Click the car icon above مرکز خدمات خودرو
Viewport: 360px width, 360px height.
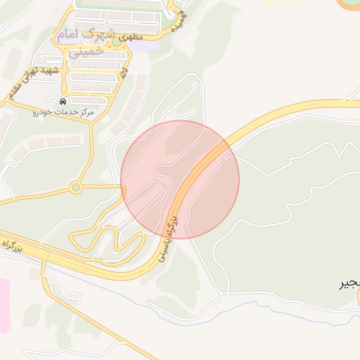pyautogui.click(x=65, y=101)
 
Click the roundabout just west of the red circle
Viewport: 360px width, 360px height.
pyautogui.click(x=75, y=188)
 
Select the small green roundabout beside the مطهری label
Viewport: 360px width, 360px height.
pyautogui.click(x=116, y=42)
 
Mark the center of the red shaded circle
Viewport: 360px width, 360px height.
pyautogui.click(x=180, y=179)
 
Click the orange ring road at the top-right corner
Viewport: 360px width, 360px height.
pyautogui.click(x=349, y=6)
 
